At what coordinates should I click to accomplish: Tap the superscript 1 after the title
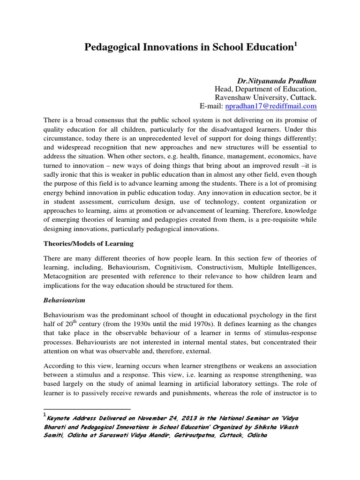pyautogui.click(x=295, y=44)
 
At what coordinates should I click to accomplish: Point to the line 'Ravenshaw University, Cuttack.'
pyautogui.click(x=265, y=98)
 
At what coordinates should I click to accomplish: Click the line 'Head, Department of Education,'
pyautogui.click(x=265, y=89)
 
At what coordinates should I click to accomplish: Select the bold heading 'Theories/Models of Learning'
pyautogui.click(x=89, y=243)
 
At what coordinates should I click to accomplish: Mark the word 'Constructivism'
pyautogui.click(x=209, y=267)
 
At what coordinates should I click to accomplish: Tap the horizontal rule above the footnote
pyautogui.click(x=86, y=409)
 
